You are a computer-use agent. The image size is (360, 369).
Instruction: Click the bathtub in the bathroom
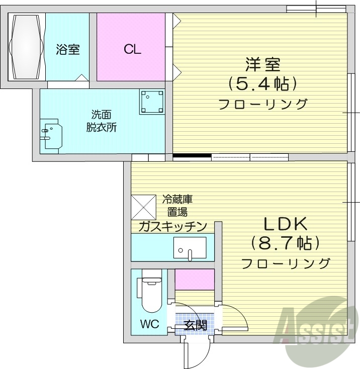(x=27, y=47)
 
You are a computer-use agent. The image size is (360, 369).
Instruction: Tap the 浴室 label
(x=67, y=50)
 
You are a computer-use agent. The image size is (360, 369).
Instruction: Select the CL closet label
(x=132, y=49)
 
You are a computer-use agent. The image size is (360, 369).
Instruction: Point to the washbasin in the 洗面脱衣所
(x=51, y=134)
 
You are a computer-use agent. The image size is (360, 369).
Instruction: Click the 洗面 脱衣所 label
(x=101, y=121)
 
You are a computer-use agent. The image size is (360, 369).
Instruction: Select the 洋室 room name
(x=262, y=65)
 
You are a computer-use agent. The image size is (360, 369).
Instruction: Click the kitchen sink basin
(x=190, y=247)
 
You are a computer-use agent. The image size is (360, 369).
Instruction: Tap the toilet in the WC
(x=150, y=294)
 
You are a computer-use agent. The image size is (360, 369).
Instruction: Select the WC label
(x=149, y=324)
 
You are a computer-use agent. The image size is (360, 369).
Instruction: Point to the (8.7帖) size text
(x=286, y=244)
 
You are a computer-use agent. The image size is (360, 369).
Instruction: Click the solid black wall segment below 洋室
(x=192, y=156)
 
